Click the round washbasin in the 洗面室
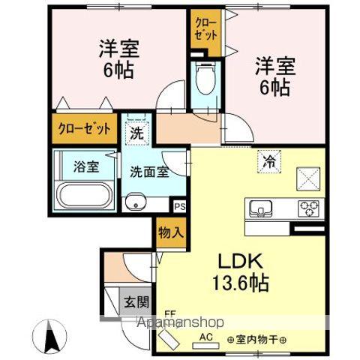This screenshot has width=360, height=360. pos(135,202)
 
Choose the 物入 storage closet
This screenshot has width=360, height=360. pos(170,233)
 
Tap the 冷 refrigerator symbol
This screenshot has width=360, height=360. pos(268,159)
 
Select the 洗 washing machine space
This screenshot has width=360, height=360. pos(136,134)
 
